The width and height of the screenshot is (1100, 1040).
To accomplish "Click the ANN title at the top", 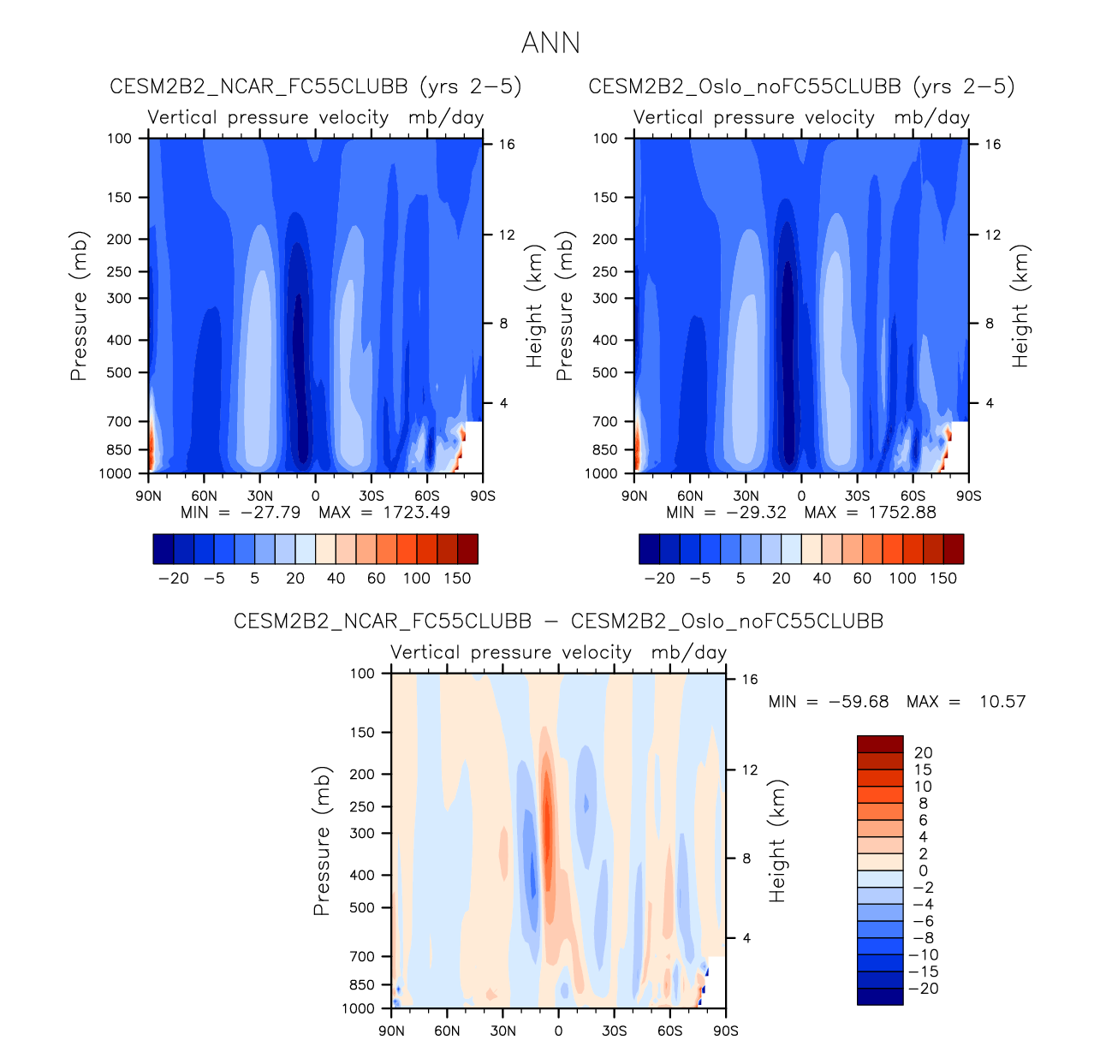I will (x=550, y=43).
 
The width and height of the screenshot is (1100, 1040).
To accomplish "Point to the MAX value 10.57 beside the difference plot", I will (x=1001, y=702).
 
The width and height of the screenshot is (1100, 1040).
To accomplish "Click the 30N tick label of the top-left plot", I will (x=259, y=496).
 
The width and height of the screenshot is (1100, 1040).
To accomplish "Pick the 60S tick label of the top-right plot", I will (x=913, y=496).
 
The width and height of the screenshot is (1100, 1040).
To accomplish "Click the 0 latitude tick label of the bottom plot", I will (x=558, y=1031).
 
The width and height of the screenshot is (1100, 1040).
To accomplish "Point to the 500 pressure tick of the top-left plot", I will (x=119, y=372).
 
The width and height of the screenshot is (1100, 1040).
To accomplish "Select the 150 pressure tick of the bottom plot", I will (x=362, y=733).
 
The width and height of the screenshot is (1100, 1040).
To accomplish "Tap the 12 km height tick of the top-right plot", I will (x=992, y=235).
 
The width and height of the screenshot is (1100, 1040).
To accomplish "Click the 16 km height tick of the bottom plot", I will (x=749, y=680).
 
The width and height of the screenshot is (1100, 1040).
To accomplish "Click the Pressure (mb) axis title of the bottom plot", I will (x=322, y=841).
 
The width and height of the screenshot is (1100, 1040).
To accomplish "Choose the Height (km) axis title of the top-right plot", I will (x=1020, y=306).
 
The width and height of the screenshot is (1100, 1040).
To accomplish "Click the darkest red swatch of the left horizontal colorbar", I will (x=467, y=549).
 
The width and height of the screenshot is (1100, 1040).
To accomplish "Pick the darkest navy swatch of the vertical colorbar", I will (x=880, y=996).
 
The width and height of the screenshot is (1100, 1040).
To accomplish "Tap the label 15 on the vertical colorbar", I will (x=923, y=770).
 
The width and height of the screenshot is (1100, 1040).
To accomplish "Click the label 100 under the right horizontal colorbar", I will (x=902, y=579).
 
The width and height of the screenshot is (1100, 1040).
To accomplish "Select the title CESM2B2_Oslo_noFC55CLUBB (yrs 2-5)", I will (x=801, y=86).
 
